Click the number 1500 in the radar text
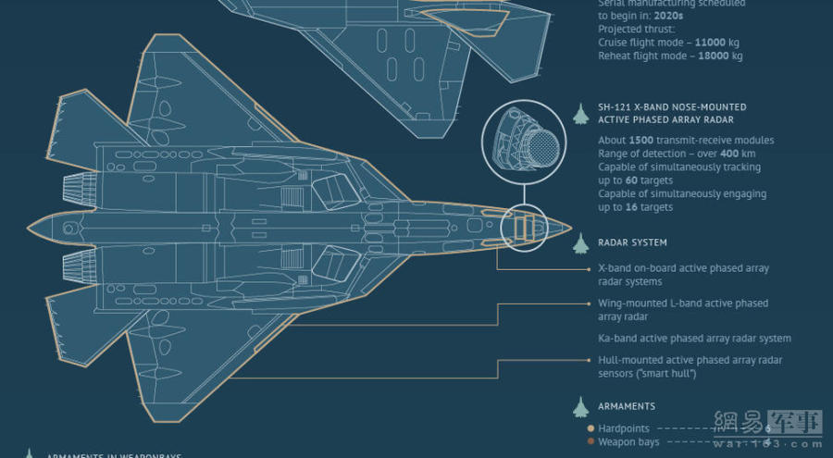click(x=642, y=141)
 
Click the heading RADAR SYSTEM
click(x=632, y=242)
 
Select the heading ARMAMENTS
click(x=627, y=406)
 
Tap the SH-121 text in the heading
click(x=617, y=107)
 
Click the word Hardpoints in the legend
click(x=624, y=428)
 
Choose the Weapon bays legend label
click(x=629, y=442)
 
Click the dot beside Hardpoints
click(x=591, y=428)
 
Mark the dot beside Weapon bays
click(x=591, y=442)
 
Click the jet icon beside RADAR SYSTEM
click(x=580, y=243)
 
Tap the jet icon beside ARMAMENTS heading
click(x=580, y=407)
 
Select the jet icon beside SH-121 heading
click(x=580, y=114)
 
